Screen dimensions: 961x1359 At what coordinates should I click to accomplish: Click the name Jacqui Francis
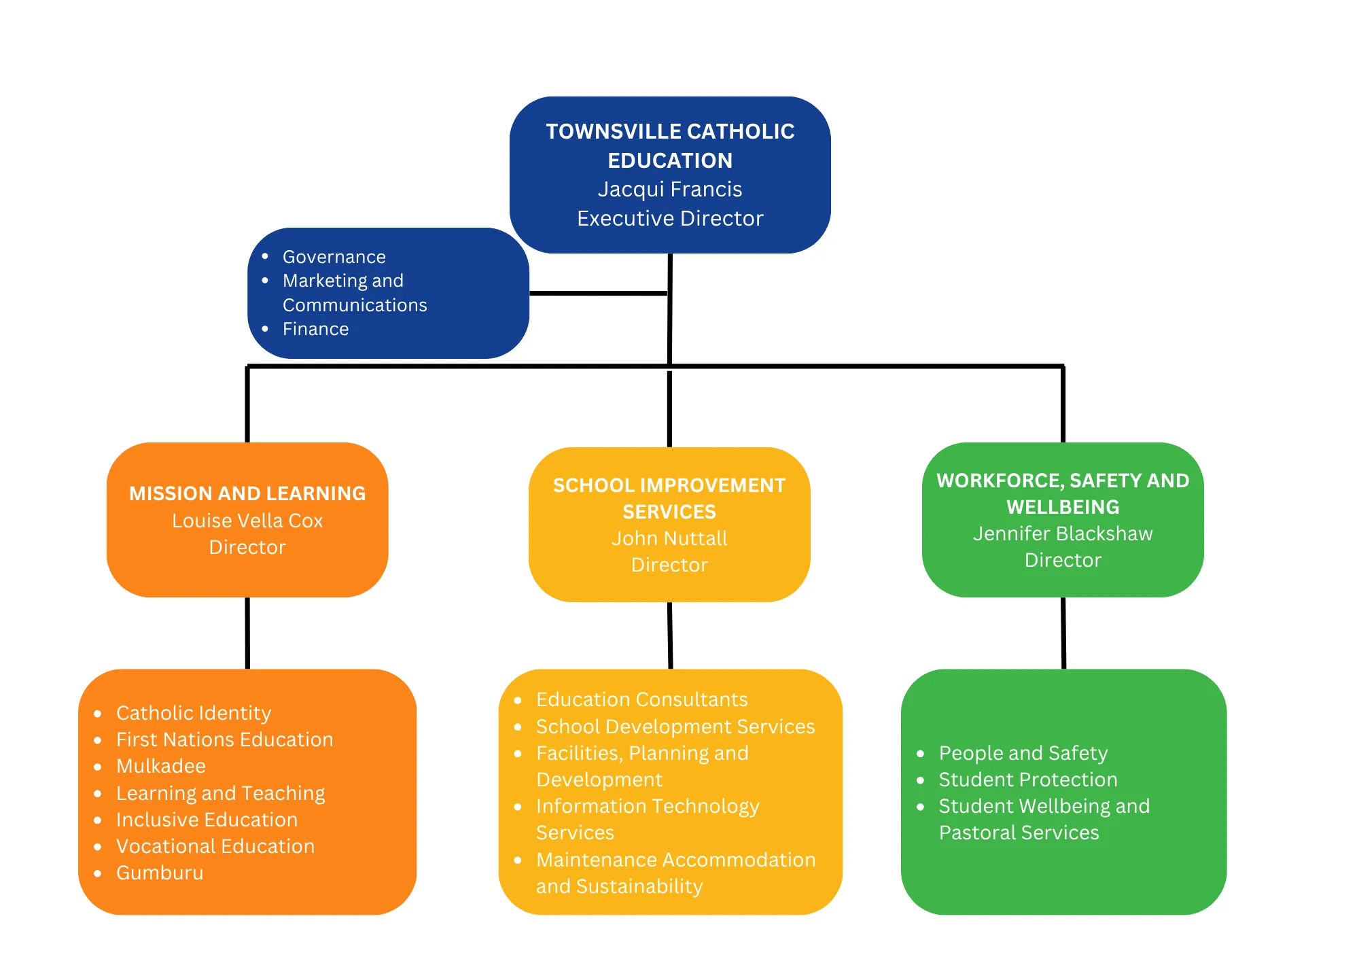[x=669, y=189]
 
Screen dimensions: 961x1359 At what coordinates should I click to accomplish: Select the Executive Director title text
[x=669, y=218]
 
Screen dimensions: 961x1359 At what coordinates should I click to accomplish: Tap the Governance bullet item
[x=334, y=257]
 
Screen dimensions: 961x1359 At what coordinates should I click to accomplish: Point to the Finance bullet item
[x=315, y=329]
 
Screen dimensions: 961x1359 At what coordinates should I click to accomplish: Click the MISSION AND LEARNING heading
[x=247, y=493]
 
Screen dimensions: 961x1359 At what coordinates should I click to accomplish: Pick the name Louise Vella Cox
[x=247, y=521]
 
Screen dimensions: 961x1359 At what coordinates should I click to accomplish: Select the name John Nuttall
[x=669, y=538]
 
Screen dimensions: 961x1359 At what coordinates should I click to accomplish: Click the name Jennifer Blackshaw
[x=1063, y=534]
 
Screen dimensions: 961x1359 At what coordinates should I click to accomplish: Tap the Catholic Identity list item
[x=194, y=713]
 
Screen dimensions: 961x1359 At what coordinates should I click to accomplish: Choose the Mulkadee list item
[x=161, y=766]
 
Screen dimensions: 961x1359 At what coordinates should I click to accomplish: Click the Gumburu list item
[x=160, y=873]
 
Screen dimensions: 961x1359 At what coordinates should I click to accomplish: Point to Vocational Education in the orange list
[x=215, y=846]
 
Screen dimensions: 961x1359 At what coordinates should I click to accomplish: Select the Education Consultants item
[x=641, y=699]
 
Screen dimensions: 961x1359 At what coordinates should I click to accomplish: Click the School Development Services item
[x=675, y=727]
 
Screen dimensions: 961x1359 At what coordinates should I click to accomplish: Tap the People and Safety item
[x=1023, y=753]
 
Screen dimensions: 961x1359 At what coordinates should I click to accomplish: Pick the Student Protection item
[x=1028, y=780]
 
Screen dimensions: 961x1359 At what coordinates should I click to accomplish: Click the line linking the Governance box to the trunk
[x=598, y=294]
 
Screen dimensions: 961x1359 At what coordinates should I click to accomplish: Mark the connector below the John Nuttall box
[x=670, y=635]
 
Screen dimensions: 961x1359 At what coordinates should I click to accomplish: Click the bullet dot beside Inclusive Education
[x=98, y=820]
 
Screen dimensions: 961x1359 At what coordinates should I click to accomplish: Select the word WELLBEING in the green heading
[x=1063, y=507]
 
